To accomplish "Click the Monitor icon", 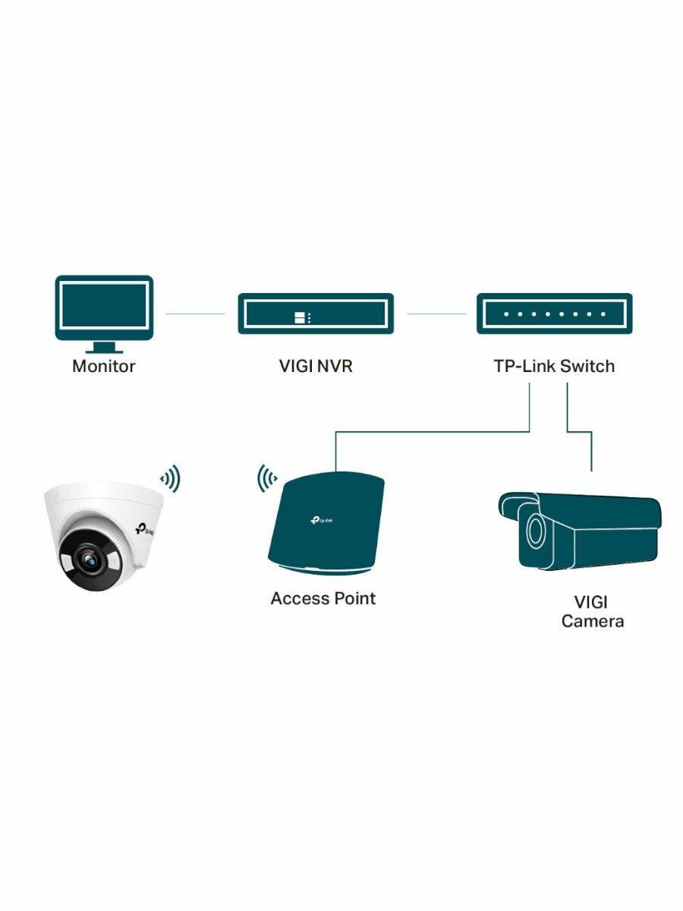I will coord(104,308).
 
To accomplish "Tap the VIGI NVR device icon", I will coord(316,314).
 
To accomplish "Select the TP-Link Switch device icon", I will coord(554,314).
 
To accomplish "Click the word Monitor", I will coord(104,367).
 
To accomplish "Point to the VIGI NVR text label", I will coord(316,367).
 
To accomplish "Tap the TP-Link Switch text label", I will coord(554,367).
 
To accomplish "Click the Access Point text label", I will coord(323,598).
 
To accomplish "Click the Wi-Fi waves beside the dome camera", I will coord(170,479).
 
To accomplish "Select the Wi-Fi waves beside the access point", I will coord(266,479).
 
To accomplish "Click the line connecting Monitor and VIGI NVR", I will coord(196,314).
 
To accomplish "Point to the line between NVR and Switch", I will coord(436,314).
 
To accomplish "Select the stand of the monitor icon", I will coord(104,348).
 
